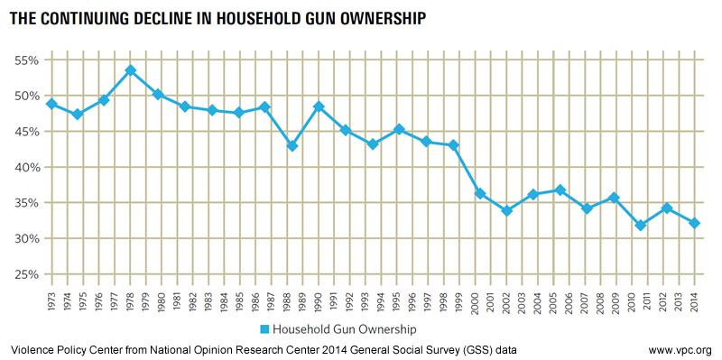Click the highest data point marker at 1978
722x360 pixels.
point(131,70)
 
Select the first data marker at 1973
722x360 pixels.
point(51,104)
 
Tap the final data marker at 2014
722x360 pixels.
point(694,223)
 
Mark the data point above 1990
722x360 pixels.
point(319,106)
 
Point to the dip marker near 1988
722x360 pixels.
point(292,146)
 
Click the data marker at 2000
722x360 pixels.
point(480,194)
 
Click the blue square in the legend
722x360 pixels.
point(264,329)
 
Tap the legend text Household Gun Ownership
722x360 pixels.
point(345,329)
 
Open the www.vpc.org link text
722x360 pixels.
point(683,349)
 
